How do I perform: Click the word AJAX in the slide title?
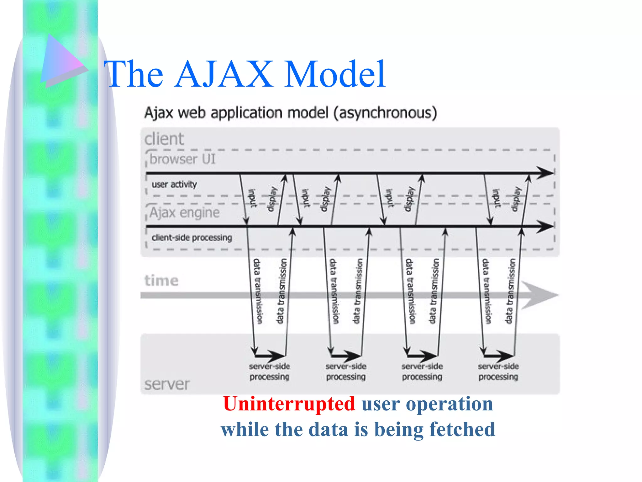(x=224, y=75)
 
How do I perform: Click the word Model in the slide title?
(x=334, y=75)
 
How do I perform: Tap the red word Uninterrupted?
(x=289, y=404)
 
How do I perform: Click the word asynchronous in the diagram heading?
(x=385, y=113)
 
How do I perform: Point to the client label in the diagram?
(x=164, y=139)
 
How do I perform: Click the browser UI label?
(x=182, y=159)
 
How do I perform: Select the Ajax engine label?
(x=185, y=213)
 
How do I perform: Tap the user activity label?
(x=174, y=184)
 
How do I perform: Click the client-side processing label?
(x=192, y=238)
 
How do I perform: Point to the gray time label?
(x=161, y=280)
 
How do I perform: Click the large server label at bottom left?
(x=167, y=384)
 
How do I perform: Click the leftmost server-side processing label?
(x=270, y=372)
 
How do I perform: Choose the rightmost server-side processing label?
(x=498, y=372)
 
